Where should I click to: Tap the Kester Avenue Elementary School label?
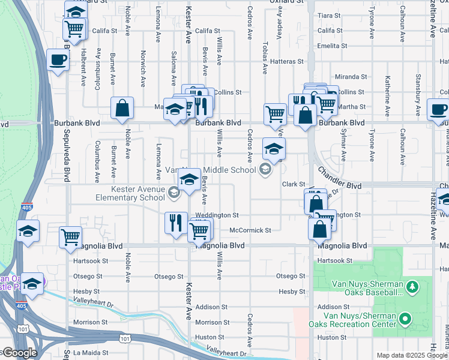click(x=130, y=193)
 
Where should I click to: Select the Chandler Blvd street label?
click(x=340, y=179)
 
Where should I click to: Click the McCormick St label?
click(x=250, y=230)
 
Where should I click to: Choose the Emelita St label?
click(x=333, y=46)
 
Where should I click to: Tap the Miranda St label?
click(x=351, y=77)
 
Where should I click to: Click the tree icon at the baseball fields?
click(x=412, y=287)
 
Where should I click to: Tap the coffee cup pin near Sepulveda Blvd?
click(x=58, y=60)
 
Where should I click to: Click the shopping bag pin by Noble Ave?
click(x=122, y=109)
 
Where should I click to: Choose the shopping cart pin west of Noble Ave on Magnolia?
click(x=70, y=237)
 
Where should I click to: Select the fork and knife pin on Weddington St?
click(x=175, y=223)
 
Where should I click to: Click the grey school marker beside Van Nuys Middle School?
click(x=264, y=170)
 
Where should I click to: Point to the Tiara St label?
click(x=330, y=15)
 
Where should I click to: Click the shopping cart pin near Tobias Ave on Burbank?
click(x=274, y=112)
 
